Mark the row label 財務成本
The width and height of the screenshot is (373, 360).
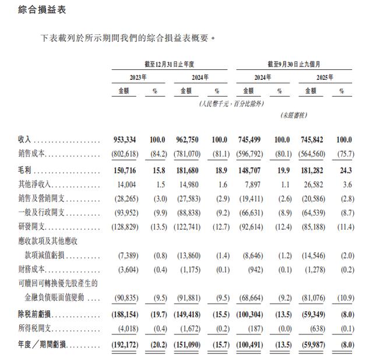tap(32, 269)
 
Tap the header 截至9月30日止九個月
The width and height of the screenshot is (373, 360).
tap(294, 64)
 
